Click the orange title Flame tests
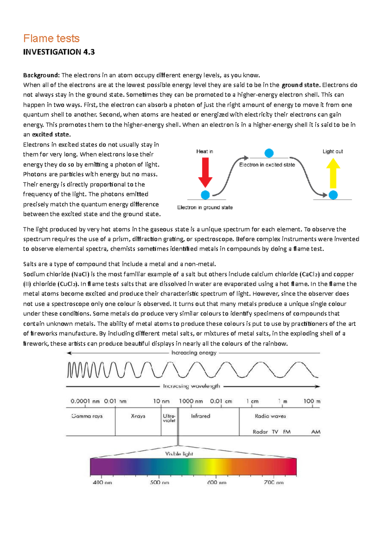51,39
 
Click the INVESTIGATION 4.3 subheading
59,52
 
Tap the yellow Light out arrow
333,174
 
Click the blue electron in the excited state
269,153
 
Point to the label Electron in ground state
205,207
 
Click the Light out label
333,151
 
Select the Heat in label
205,151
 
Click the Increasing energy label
194,353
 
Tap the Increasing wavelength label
191,386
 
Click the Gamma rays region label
87,416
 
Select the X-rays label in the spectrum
138,416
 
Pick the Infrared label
200,416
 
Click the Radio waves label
270,416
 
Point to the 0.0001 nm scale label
85,401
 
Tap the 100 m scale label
312,401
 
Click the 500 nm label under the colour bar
160,482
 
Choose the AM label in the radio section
316,432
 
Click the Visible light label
179,454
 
